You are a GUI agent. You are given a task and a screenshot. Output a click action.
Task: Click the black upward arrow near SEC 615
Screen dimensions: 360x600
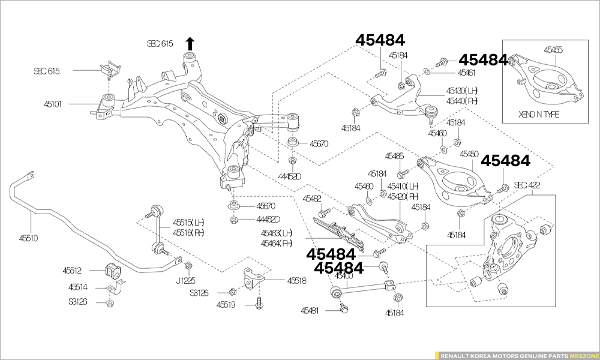190,43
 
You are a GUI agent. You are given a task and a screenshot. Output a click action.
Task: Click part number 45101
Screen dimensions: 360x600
52,104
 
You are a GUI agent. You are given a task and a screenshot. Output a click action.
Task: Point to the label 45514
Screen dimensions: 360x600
77,287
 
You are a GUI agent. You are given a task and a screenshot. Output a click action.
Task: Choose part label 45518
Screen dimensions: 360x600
296,280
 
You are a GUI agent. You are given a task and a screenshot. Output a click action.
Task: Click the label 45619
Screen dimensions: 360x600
226,305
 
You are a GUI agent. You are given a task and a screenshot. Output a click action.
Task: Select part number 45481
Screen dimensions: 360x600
310,311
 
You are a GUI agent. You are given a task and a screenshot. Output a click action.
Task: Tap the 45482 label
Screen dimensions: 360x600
312,198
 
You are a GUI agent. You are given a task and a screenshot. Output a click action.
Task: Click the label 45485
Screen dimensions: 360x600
394,156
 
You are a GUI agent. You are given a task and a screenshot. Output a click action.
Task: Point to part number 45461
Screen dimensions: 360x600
466,73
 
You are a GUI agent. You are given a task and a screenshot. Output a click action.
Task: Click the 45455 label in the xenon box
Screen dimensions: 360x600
553,50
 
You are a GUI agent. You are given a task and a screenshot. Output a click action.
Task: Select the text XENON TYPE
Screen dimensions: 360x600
538,115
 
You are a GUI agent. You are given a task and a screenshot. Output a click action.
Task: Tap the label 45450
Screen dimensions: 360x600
469,154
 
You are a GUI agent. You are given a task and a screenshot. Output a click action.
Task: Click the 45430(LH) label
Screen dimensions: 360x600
462,91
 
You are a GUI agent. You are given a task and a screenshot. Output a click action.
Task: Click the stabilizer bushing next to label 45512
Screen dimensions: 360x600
112,271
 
